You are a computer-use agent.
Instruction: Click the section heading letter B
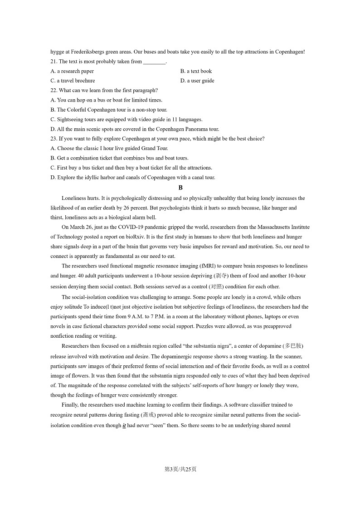[180, 188]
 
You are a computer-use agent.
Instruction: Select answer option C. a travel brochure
[73, 81]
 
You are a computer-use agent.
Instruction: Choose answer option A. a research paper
[72, 71]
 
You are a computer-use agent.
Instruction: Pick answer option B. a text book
[196, 71]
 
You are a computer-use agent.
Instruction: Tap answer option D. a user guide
[197, 81]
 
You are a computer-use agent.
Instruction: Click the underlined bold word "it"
[124, 426]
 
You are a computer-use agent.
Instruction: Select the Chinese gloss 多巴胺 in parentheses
[293, 346]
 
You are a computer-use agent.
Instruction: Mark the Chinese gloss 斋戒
[148, 415]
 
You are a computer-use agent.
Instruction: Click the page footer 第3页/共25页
[180, 469]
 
